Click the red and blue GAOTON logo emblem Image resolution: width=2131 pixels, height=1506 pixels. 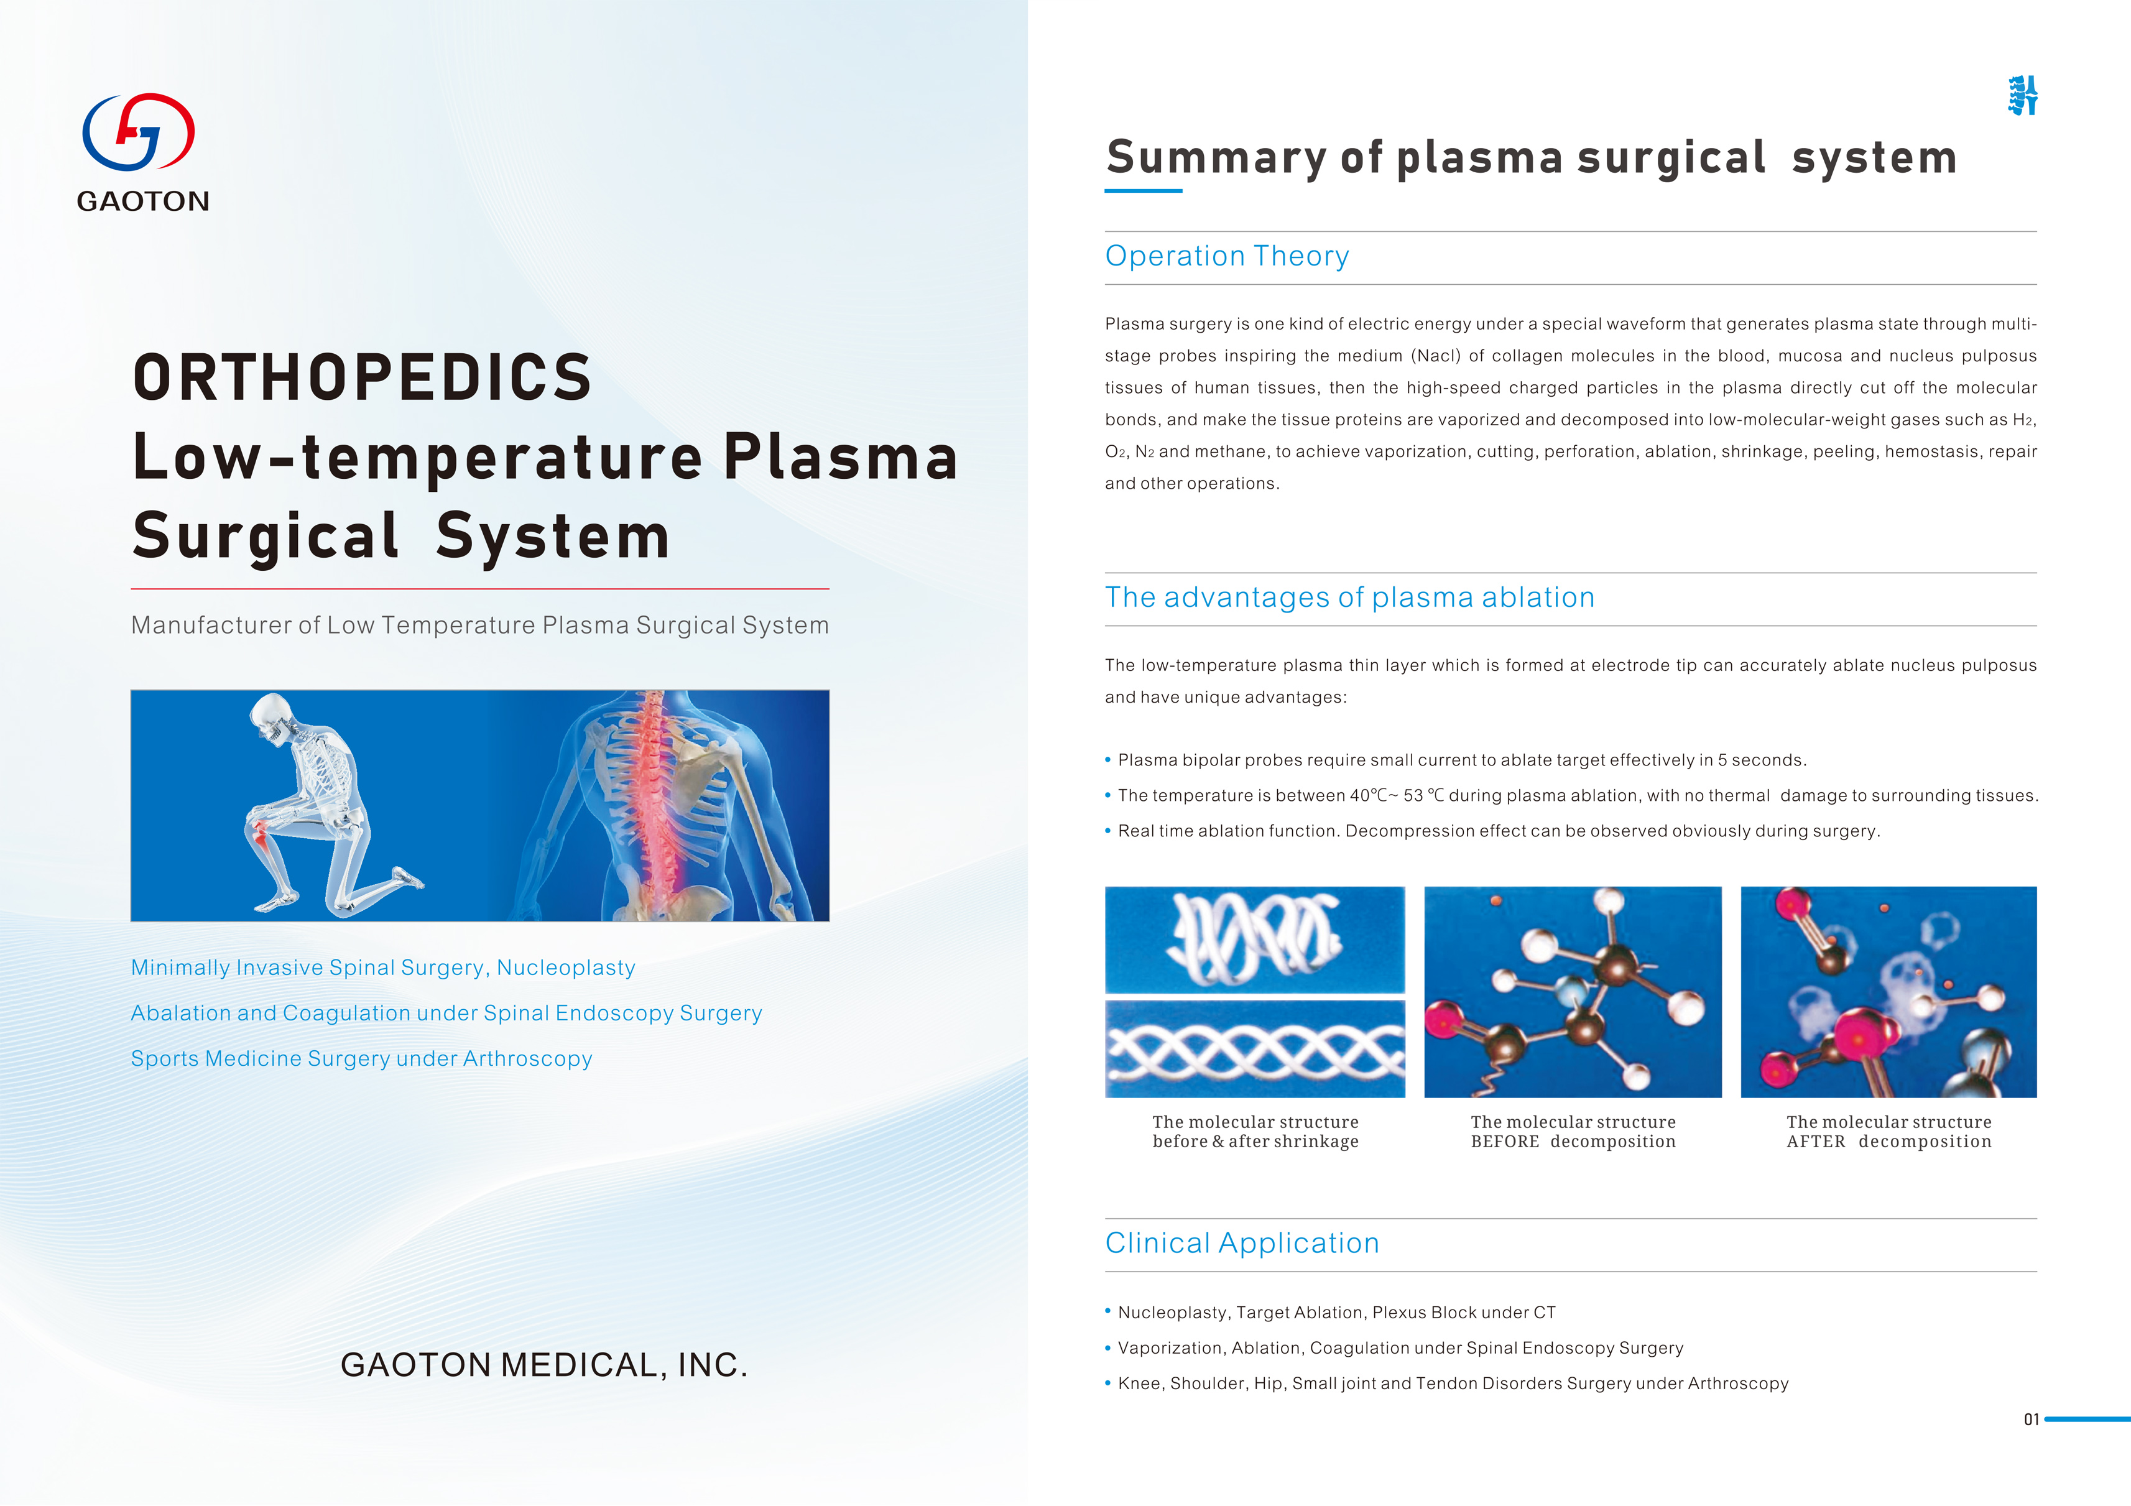pos(139,132)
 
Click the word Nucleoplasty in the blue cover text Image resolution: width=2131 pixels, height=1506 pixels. pos(566,968)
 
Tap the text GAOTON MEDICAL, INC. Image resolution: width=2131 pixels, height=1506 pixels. pos(544,1364)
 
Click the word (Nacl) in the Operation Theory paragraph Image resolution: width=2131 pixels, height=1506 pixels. pos(1435,356)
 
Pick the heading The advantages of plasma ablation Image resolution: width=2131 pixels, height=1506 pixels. pos(1349,597)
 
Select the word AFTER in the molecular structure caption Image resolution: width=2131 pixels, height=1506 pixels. pos(1816,1142)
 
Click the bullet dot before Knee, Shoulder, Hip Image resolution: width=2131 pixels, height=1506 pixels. pos(1108,1383)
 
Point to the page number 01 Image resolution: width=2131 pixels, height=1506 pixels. pos(2032,1419)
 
